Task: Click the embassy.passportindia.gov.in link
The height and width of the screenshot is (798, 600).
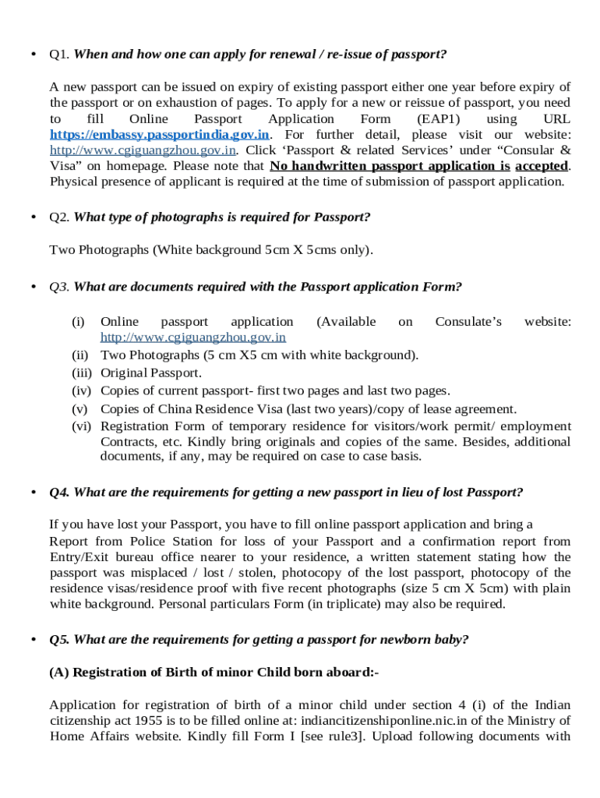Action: (160, 135)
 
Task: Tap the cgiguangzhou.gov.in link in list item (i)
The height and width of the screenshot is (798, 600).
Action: (193, 337)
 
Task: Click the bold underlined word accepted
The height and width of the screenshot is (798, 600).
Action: (542, 166)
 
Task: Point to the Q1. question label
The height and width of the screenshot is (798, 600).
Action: (59, 55)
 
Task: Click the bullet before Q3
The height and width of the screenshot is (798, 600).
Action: (33, 287)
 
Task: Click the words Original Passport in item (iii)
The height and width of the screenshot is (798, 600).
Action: (151, 373)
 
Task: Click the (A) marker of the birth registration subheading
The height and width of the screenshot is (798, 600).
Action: (59, 672)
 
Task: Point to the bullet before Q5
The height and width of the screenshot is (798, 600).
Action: (33, 640)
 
